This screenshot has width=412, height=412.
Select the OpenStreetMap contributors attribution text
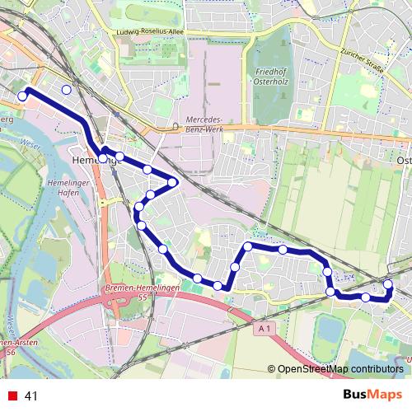click(x=339, y=369)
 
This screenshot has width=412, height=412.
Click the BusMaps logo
click(x=373, y=395)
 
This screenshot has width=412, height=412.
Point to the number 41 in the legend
click(x=31, y=396)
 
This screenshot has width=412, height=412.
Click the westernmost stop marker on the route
click(x=22, y=96)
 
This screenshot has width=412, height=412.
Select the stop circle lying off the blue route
click(x=67, y=89)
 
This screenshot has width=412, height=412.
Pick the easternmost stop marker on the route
click(x=388, y=285)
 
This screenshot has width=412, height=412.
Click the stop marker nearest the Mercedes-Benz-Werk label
click(x=173, y=181)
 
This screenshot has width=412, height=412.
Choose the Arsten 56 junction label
click(x=10, y=347)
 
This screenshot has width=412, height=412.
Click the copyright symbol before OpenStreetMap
click(x=272, y=369)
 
